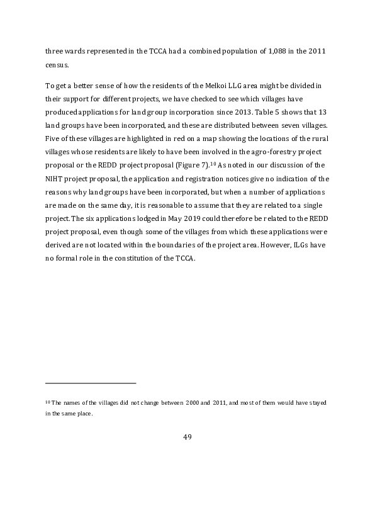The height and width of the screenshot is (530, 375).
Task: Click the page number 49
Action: (x=187, y=437)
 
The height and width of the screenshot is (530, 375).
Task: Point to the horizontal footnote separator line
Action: (x=91, y=383)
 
